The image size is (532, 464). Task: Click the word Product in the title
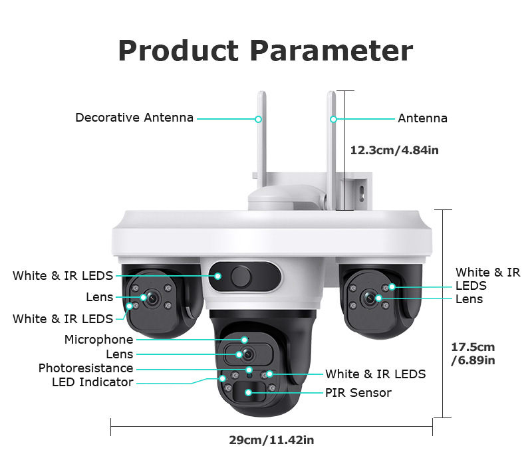[178, 51]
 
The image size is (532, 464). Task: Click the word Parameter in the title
[331, 51]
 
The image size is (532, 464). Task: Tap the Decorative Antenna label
[134, 118]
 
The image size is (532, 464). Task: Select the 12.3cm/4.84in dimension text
[394, 150]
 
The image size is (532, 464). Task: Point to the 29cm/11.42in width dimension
[271, 440]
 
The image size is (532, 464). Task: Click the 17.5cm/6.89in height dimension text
[473, 354]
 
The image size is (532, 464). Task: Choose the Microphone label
[98, 340]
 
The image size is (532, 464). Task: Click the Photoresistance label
[86, 368]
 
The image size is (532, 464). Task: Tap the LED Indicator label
[92, 382]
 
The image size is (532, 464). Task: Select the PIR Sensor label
[358, 393]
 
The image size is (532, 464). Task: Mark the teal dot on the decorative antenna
[258, 119]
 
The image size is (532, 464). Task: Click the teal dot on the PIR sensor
[248, 392]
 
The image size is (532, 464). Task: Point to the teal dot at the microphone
[244, 340]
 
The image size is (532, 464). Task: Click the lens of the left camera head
[152, 298]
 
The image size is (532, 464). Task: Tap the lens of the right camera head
[370, 298]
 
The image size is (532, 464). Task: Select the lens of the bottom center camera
[248, 355]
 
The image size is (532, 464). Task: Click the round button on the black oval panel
[241, 277]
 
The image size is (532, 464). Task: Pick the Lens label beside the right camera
[469, 299]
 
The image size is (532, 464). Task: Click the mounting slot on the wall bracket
[362, 192]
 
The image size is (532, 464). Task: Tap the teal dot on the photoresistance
[249, 370]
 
